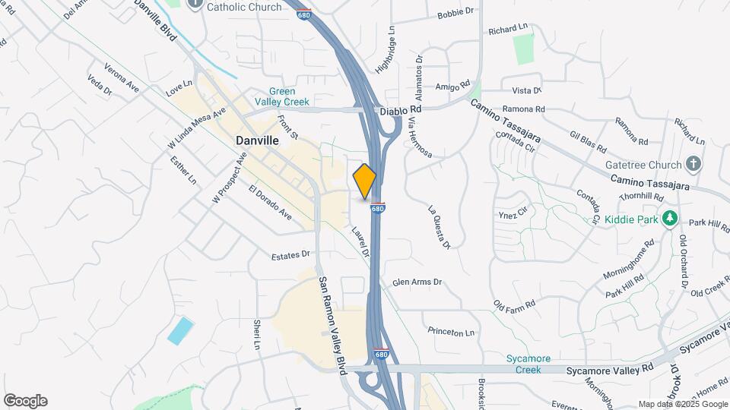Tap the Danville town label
tap(257, 140)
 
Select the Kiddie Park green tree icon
tap(669, 219)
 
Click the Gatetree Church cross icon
tap(692, 163)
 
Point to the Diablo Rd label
tap(400, 110)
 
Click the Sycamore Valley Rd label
tap(610, 370)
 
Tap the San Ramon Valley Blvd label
tap(332, 322)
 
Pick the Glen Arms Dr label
tap(417, 282)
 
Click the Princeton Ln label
tap(451, 332)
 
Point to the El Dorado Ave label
tap(271, 202)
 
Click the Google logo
tap(25, 401)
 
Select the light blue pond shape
tap(180, 332)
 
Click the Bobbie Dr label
tap(455, 14)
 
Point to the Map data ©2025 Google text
tap(681, 404)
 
